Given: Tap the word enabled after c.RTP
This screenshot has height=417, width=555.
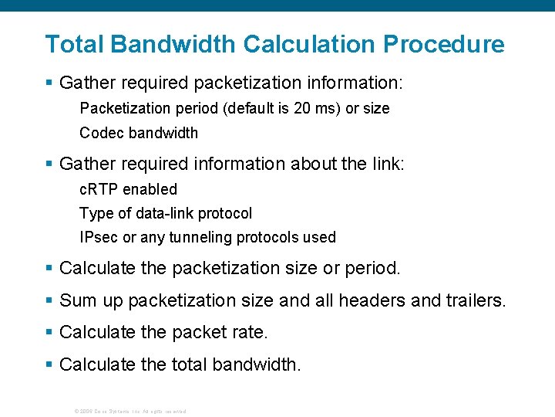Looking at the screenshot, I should tap(150, 189).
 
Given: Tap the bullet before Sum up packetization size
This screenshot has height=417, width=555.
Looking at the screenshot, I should tap(49, 300).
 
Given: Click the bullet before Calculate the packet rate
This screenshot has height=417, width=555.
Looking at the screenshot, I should tap(49, 333).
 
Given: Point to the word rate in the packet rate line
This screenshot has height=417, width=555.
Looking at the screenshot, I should tap(248, 333).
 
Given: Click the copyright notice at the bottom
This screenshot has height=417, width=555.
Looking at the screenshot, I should tap(129, 411).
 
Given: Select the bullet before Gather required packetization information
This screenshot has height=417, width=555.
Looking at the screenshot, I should tap(49, 81).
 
